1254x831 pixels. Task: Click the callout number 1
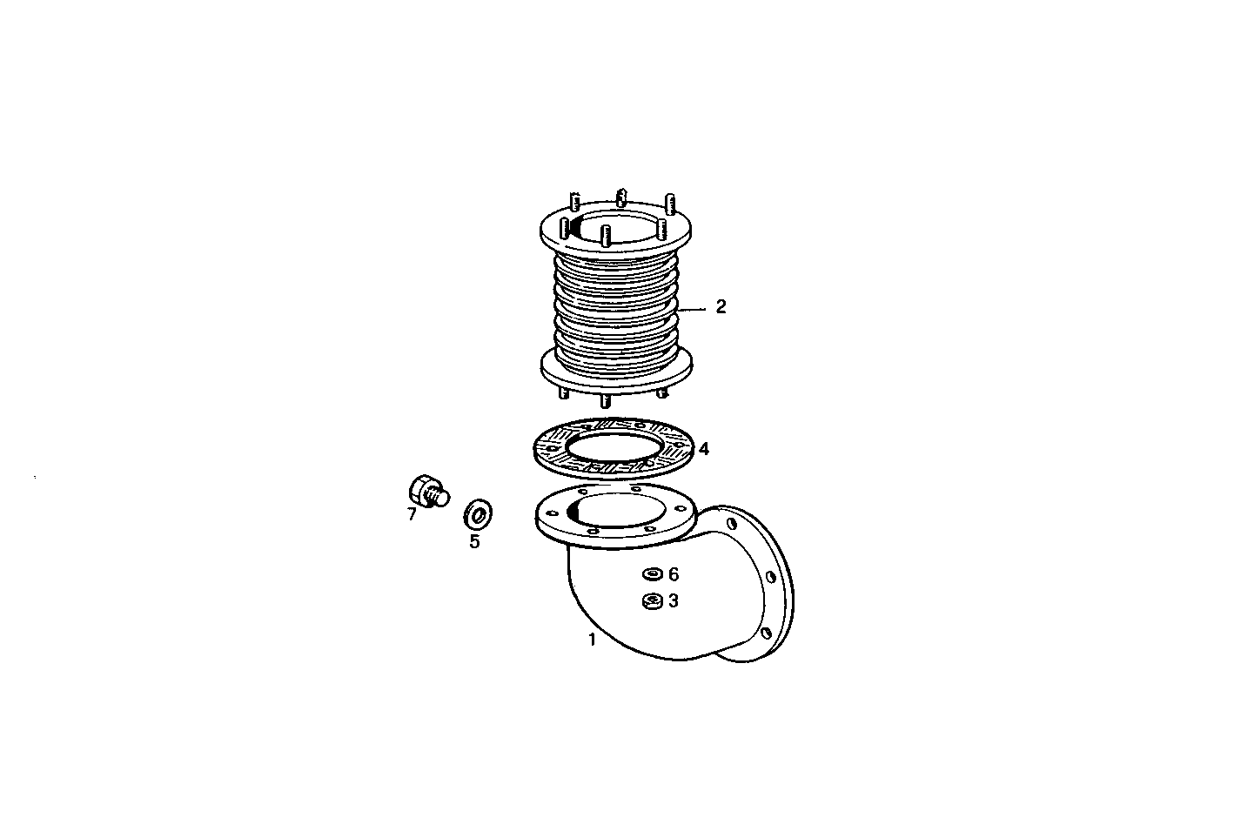592,640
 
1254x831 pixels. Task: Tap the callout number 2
721,307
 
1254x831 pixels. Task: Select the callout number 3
673,600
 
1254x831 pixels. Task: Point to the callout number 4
703,449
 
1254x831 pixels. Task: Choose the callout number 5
474,541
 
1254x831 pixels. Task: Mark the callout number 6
673,574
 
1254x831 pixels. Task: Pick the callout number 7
412,514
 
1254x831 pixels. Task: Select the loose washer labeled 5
477,513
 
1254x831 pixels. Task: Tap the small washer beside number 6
651,574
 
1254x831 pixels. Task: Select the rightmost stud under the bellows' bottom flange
663,392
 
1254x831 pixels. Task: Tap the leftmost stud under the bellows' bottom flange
564,393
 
